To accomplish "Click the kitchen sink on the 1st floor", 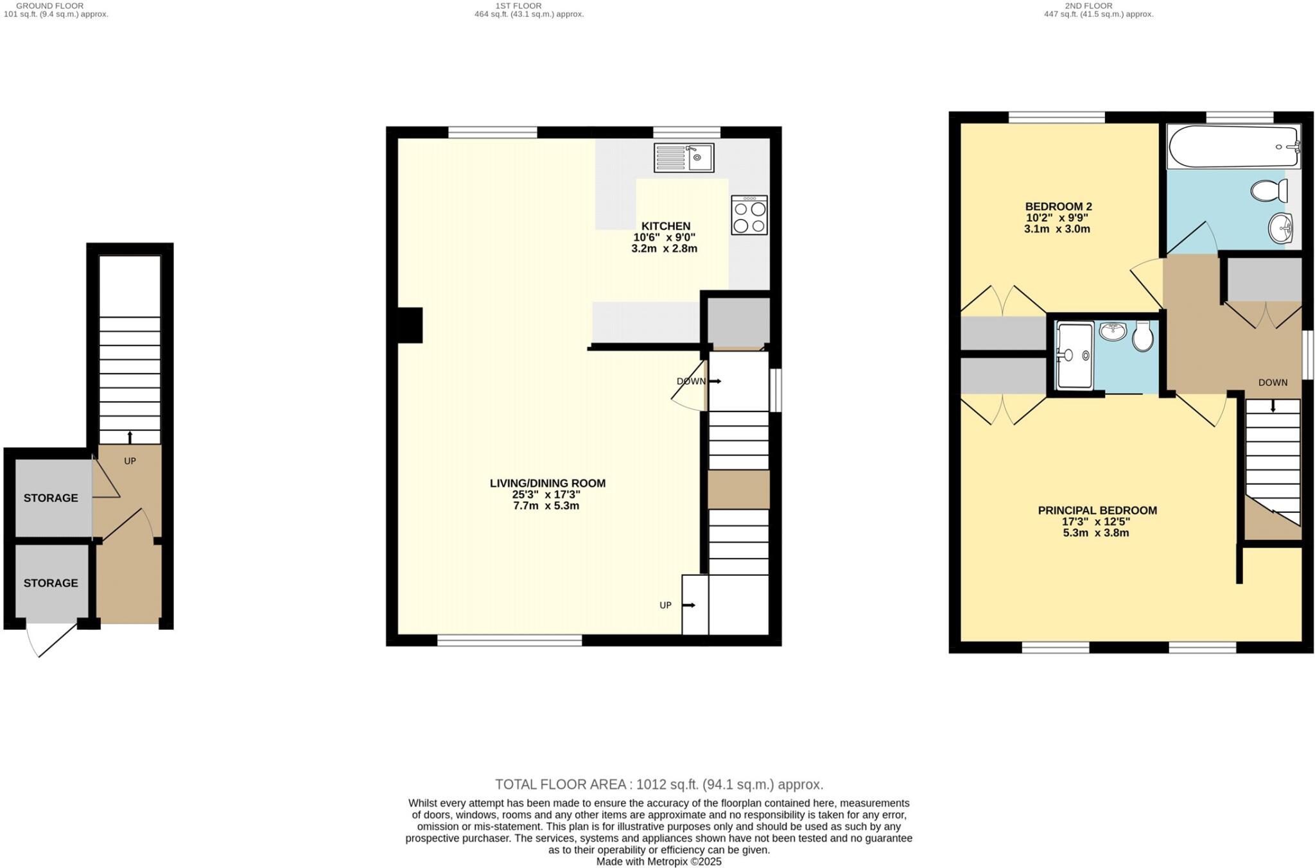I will [x=684, y=157].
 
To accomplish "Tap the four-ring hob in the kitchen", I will [x=749, y=216].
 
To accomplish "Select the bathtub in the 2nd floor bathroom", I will [x=1233, y=147].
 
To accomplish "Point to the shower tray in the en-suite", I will [x=1074, y=356].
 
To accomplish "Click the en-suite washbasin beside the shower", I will [x=1113, y=332].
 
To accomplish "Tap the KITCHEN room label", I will [x=666, y=226].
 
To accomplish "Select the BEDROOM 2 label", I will [x=1058, y=207].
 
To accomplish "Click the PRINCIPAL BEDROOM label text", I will [x=1097, y=510].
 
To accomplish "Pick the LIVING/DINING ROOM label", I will [x=548, y=483].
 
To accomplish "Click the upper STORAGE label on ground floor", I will [x=51, y=498].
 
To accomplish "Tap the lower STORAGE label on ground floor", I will [x=51, y=583].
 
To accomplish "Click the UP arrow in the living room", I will [x=689, y=605].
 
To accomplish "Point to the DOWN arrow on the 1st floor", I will [x=715, y=381].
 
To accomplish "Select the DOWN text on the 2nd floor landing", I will [x=1273, y=383].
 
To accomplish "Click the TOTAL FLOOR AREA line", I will [x=659, y=785].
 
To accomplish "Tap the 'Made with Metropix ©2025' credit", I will [x=659, y=862].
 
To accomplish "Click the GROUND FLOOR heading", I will [x=49, y=6].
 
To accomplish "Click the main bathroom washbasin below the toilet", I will [x=1280, y=228].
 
